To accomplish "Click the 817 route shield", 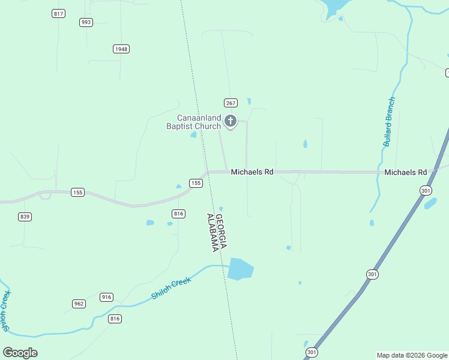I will (x=58, y=13).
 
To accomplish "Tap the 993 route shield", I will (x=86, y=22).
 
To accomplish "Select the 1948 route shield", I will (x=121, y=49).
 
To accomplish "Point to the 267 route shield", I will (x=231, y=103).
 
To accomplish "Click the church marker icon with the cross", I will (x=231, y=122).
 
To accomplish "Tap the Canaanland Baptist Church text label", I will (x=194, y=122).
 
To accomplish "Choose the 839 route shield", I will (x=25, y=217).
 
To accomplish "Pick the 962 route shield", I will (x=79, y=304).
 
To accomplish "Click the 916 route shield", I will (x=106, y=297).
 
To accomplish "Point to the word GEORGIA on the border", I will (x=220, y=232).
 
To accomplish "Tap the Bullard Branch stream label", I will (x=390, y=122).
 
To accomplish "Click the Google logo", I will (x=20, y=352).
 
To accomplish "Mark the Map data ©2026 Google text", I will (x=412, y=355).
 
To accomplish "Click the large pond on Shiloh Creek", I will (x=240, y=269).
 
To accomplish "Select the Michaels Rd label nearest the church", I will (x=252, y=172).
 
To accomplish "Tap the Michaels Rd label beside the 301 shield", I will (x=406, y=172).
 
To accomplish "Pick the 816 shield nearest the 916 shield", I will (x=115, y=319).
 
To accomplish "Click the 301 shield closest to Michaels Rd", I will (x=426, y=190).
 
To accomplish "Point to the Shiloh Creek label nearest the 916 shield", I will (x=171, y=288).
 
